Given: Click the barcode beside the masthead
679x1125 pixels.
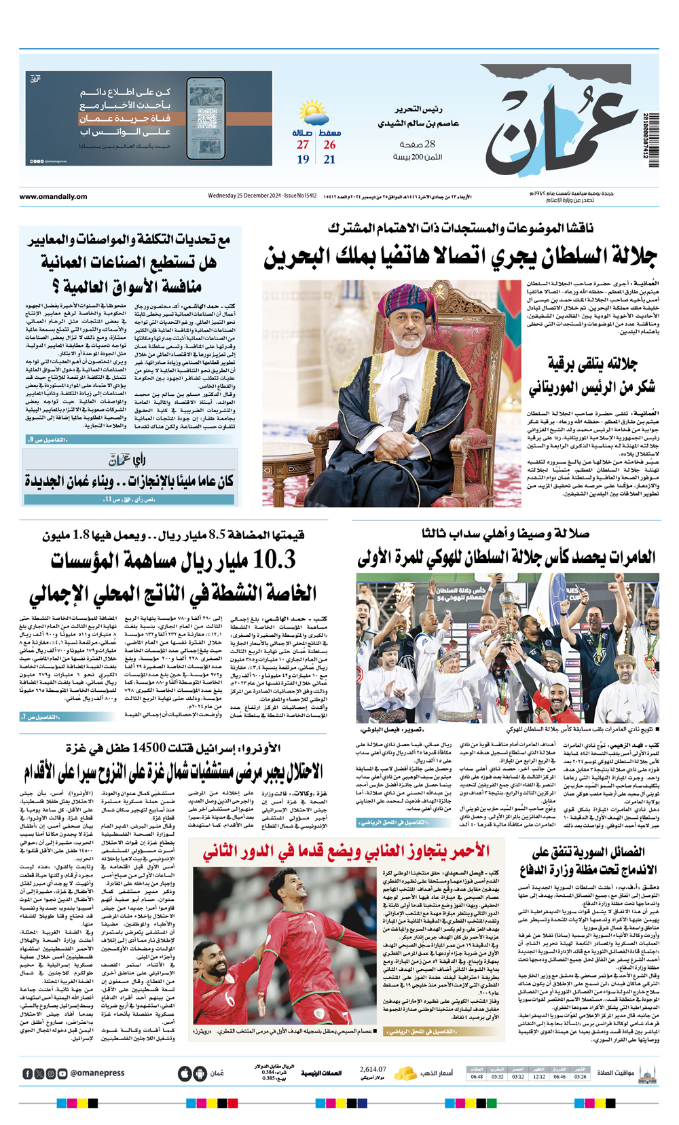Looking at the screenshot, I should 654,139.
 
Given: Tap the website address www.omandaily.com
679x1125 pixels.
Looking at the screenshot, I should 53,197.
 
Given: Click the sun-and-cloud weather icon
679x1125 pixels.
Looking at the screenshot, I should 314,113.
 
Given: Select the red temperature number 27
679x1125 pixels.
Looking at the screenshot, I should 303,145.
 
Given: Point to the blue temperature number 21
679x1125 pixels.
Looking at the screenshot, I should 329,160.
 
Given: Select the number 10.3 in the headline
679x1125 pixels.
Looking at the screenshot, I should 273,561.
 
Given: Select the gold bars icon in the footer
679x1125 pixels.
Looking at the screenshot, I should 405,1073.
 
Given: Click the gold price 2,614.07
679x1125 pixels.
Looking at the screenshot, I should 373,1069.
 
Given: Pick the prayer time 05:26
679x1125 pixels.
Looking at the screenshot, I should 580,1077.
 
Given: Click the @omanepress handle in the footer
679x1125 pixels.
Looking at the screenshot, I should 97,1073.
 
